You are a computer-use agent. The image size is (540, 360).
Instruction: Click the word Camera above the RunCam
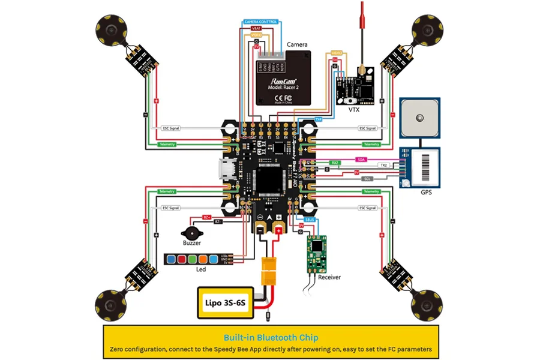tap(297, 44)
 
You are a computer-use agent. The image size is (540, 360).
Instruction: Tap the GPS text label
tap(425, 193)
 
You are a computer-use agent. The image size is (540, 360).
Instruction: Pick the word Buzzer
tap(191, 244)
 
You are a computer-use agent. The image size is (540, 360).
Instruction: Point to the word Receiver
tap(329, 277)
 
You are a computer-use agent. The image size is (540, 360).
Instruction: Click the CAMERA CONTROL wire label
tap(260, 22)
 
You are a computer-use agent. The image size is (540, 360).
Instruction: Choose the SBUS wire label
tap(310, 219)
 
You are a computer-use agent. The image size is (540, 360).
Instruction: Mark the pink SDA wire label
tap(361, 160)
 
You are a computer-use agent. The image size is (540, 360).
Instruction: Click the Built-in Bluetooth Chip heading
tap(271, 338)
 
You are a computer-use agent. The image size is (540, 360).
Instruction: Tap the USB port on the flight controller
tap(221, 171)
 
